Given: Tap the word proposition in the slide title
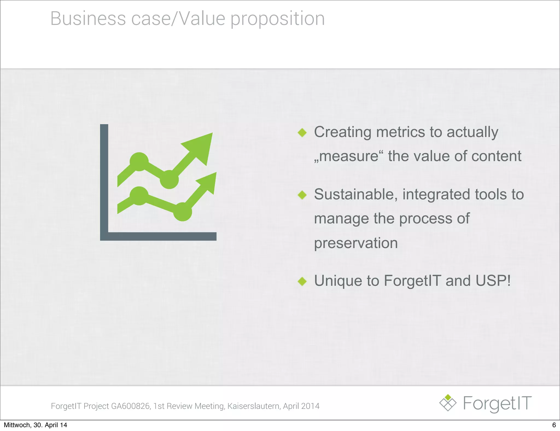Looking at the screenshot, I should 278,19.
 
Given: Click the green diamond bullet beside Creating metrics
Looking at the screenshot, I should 302,133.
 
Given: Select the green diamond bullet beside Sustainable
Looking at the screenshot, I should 302,195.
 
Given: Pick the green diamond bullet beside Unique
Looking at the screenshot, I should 302,281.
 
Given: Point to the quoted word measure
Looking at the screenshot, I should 349,156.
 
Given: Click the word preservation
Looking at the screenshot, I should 356,243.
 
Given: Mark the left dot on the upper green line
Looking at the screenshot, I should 139,162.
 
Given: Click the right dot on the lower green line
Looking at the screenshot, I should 182,211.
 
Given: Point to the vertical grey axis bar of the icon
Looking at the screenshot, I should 104,178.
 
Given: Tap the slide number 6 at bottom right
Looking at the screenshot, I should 554,425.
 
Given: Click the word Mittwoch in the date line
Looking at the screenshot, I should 17,425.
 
